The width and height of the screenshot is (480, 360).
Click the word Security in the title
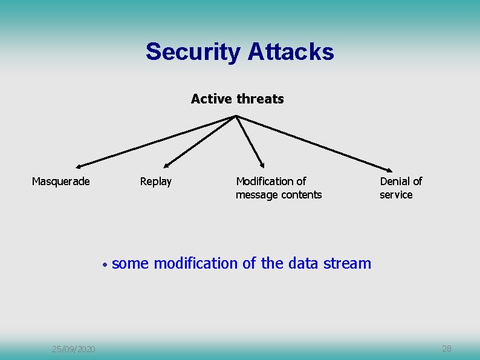click(193, 52)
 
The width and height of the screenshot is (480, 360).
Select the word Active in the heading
click(209, 99)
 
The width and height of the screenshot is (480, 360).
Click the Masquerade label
click(60, 182)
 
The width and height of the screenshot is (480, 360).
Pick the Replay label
click(155, 182)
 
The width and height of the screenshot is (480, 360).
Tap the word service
click(396, 195)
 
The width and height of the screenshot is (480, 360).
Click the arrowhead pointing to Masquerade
click(79, 165)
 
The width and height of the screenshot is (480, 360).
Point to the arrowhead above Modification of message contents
click(262, 164)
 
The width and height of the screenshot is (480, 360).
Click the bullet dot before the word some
click(105, 265)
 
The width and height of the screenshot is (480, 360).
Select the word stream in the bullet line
click(347, 263)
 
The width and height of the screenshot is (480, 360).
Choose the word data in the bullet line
click(304, 263)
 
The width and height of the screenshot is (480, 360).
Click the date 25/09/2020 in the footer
click(73, 349)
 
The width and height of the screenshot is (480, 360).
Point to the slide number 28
click(447, 349)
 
